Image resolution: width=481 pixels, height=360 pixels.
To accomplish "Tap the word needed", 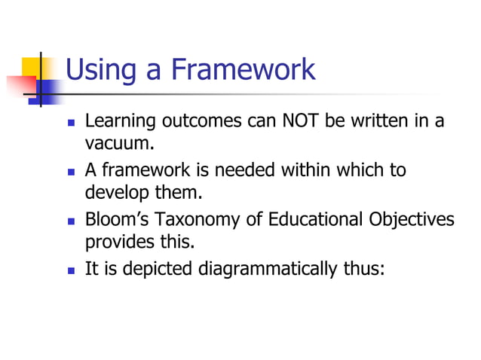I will (247, 170).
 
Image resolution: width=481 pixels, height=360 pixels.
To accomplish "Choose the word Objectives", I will (412, 220).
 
